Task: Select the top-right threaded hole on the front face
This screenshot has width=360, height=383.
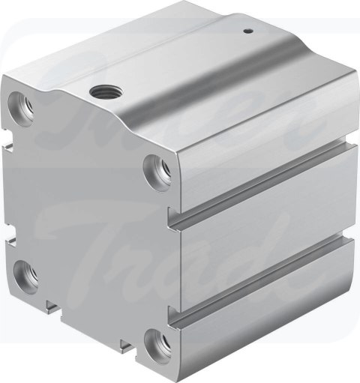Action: [x=156, y=164]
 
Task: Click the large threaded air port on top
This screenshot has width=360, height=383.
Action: [x=99, y=92]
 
